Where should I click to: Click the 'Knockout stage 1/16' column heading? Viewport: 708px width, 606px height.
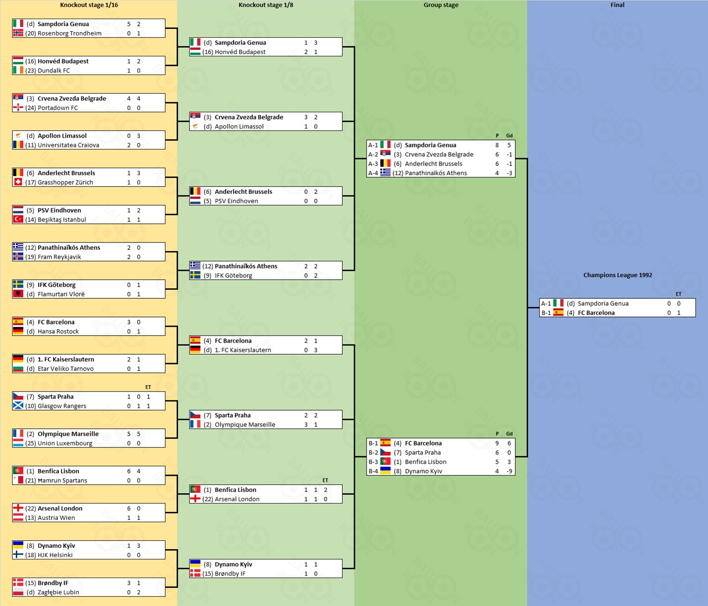point(89,5)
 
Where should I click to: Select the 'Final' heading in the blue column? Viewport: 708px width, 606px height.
point(617,5)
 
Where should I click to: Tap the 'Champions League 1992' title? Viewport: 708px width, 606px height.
point(618,275)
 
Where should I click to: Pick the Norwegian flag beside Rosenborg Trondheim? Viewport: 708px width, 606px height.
point(18,33)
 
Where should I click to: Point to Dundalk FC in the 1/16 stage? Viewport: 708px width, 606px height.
point(54,70)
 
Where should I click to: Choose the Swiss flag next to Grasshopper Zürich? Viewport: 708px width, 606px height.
point(18,182)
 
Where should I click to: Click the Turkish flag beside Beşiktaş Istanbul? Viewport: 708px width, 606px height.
point(18,220)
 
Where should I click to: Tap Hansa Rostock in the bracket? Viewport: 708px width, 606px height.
point(58,331)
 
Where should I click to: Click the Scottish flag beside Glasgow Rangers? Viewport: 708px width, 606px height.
point(18,406)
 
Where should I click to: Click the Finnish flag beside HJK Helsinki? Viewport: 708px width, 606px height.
point(18,555)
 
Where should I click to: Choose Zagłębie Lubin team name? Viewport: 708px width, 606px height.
point(58,592)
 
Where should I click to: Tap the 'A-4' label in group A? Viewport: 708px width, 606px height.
point(373,173)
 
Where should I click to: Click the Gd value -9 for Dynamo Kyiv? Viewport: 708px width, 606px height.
point(509,471)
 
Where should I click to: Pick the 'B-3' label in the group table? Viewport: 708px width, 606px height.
point(373,462)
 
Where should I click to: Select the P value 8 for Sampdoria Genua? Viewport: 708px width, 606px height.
point(497,145)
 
